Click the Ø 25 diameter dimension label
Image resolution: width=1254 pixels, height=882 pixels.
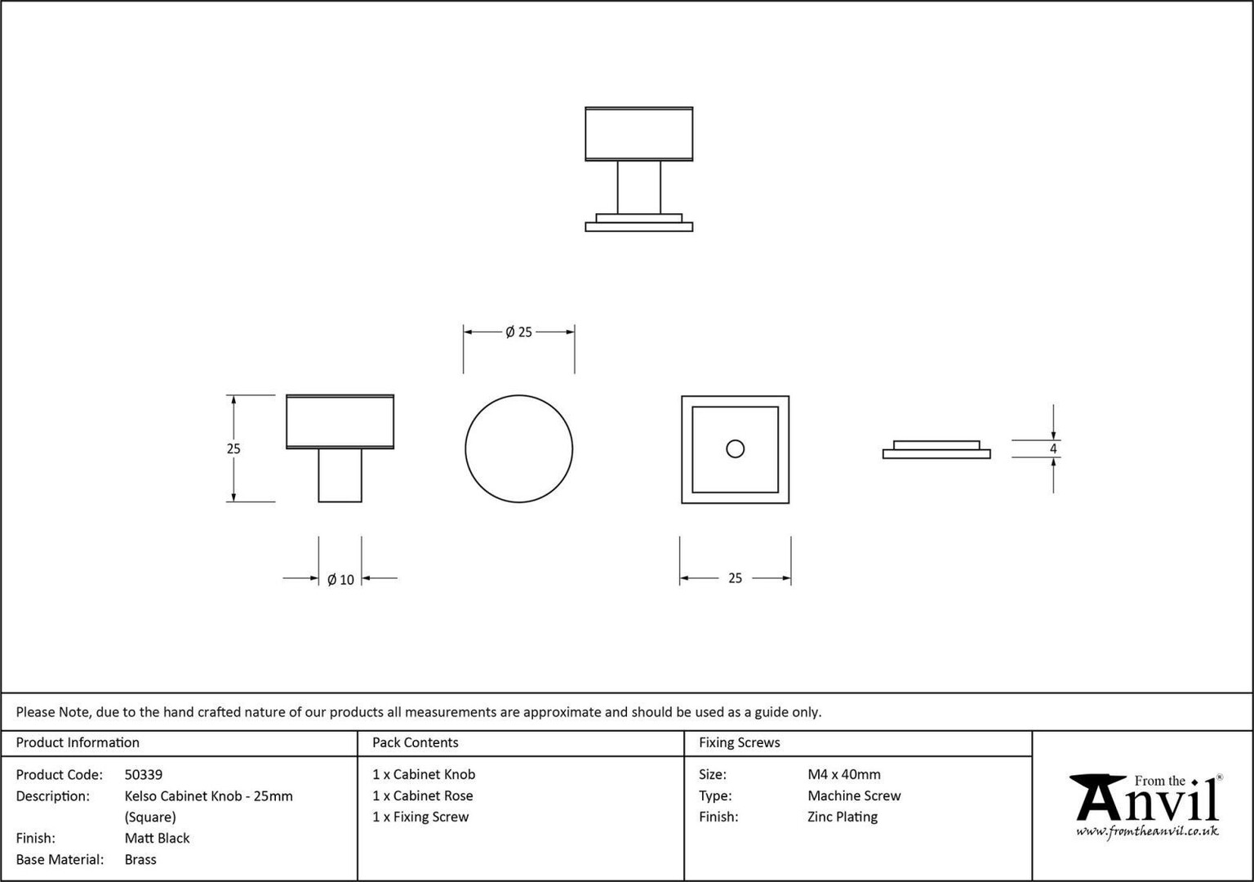(x=518, y=332)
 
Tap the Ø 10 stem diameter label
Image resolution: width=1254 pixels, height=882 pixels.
(x=340, y=580)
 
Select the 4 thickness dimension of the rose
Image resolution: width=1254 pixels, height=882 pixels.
(x=1053, y=448)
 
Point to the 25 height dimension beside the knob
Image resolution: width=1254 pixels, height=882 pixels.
(x=233, y=448)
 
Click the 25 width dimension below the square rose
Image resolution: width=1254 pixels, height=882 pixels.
(x=735, y=578)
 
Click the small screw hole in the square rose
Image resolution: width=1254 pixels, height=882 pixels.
(x=735, y=449)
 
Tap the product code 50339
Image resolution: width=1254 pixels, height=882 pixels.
(x=144, y=774)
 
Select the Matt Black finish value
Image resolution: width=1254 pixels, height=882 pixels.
(x=157, y=838)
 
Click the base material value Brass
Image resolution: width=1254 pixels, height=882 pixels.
(x=140, y=859)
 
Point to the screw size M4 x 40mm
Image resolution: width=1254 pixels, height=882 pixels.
(x=843, y=774)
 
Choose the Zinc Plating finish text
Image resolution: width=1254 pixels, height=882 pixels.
(x=842, y=817)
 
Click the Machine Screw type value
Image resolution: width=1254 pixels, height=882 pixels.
(x=854, y=795)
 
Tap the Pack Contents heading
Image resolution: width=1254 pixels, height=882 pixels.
(x=415, y=742)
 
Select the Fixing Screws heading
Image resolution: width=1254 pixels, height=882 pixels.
(x=739, y=742)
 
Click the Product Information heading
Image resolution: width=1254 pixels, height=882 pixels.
(x=78, y=742)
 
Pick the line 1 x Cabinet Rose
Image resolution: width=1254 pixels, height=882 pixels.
(x=423, y=795)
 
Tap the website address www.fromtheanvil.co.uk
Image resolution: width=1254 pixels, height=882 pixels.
(x=1147, y=831)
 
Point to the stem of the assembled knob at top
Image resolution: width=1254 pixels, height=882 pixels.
(x=638, y=187)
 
